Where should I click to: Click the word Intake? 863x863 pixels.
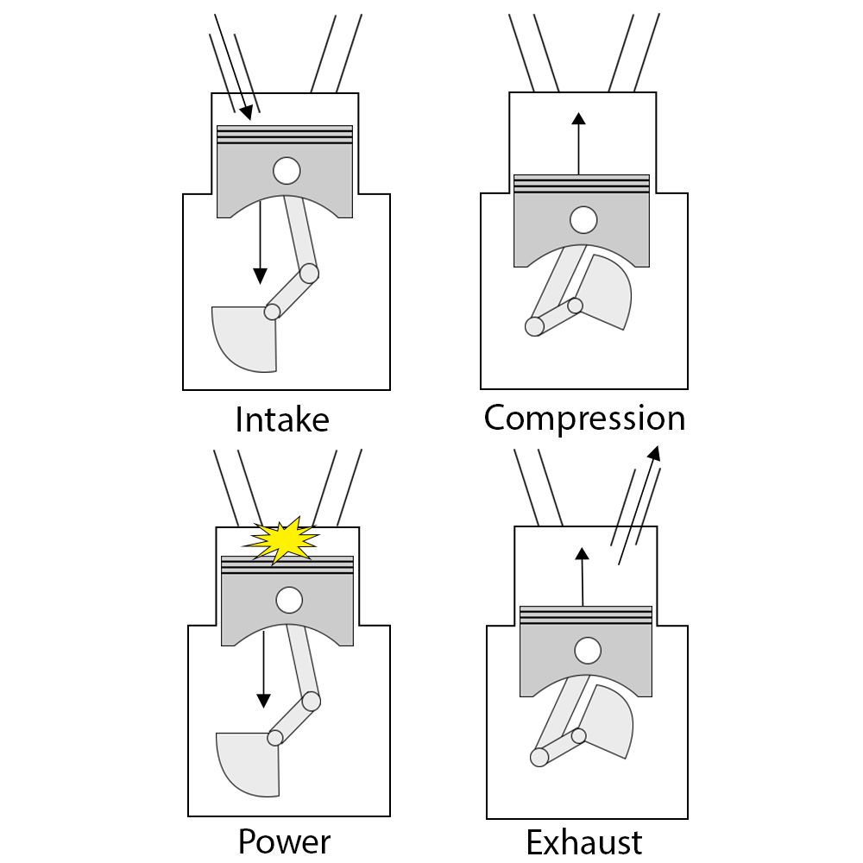tap(282, 419)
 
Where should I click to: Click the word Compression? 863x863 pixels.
tap(584, 418)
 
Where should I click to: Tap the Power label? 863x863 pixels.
tap(284, 841)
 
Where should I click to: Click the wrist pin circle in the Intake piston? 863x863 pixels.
tap(287, 170)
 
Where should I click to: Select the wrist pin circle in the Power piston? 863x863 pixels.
tap(289, 599)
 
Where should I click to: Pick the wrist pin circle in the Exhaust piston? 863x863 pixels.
tap(589, 649)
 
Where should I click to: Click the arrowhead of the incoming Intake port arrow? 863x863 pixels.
tap(248, 112)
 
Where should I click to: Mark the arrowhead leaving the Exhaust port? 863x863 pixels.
tap(654, 452)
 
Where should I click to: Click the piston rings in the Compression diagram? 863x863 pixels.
tap(581, 183)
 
